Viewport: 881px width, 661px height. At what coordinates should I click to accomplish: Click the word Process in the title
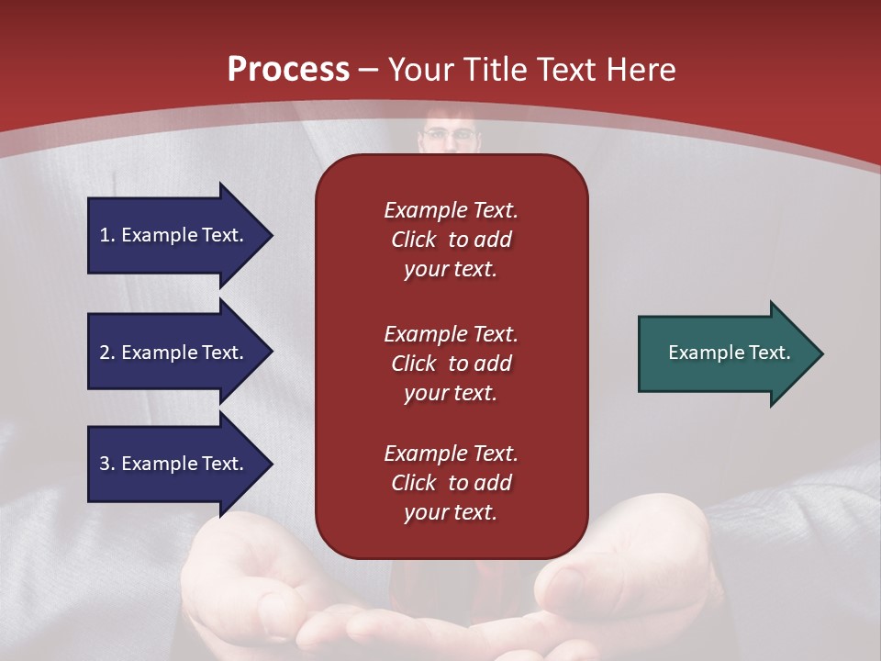click(x=288, y=69)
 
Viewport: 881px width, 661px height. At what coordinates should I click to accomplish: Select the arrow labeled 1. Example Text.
click(x=180, y=236)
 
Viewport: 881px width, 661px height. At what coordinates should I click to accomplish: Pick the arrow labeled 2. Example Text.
click(x=180, y=352)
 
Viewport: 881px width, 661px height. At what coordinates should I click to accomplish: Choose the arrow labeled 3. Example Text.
click(x=180, y=464)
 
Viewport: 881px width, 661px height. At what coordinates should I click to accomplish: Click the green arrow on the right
click(x=730, y=353)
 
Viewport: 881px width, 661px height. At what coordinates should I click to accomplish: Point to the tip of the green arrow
click(x=824, y=353)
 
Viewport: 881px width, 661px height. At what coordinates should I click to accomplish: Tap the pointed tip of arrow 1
click(x=273, y=236)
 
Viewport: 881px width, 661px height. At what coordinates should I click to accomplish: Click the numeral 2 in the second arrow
click(x=105, y=353)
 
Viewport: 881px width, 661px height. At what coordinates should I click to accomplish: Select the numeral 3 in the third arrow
click(x=105, y=464)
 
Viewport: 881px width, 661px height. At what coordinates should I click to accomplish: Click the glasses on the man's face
click(x=450, y=134)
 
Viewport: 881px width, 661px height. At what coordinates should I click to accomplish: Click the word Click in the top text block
click(x=414, y=240)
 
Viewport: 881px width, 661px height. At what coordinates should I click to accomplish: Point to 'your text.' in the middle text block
click(x=451, y=394)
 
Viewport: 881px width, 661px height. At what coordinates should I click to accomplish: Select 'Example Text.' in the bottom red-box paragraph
click(x=451, y=453)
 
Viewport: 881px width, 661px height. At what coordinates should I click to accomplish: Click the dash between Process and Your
click(x=368, y=72)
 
